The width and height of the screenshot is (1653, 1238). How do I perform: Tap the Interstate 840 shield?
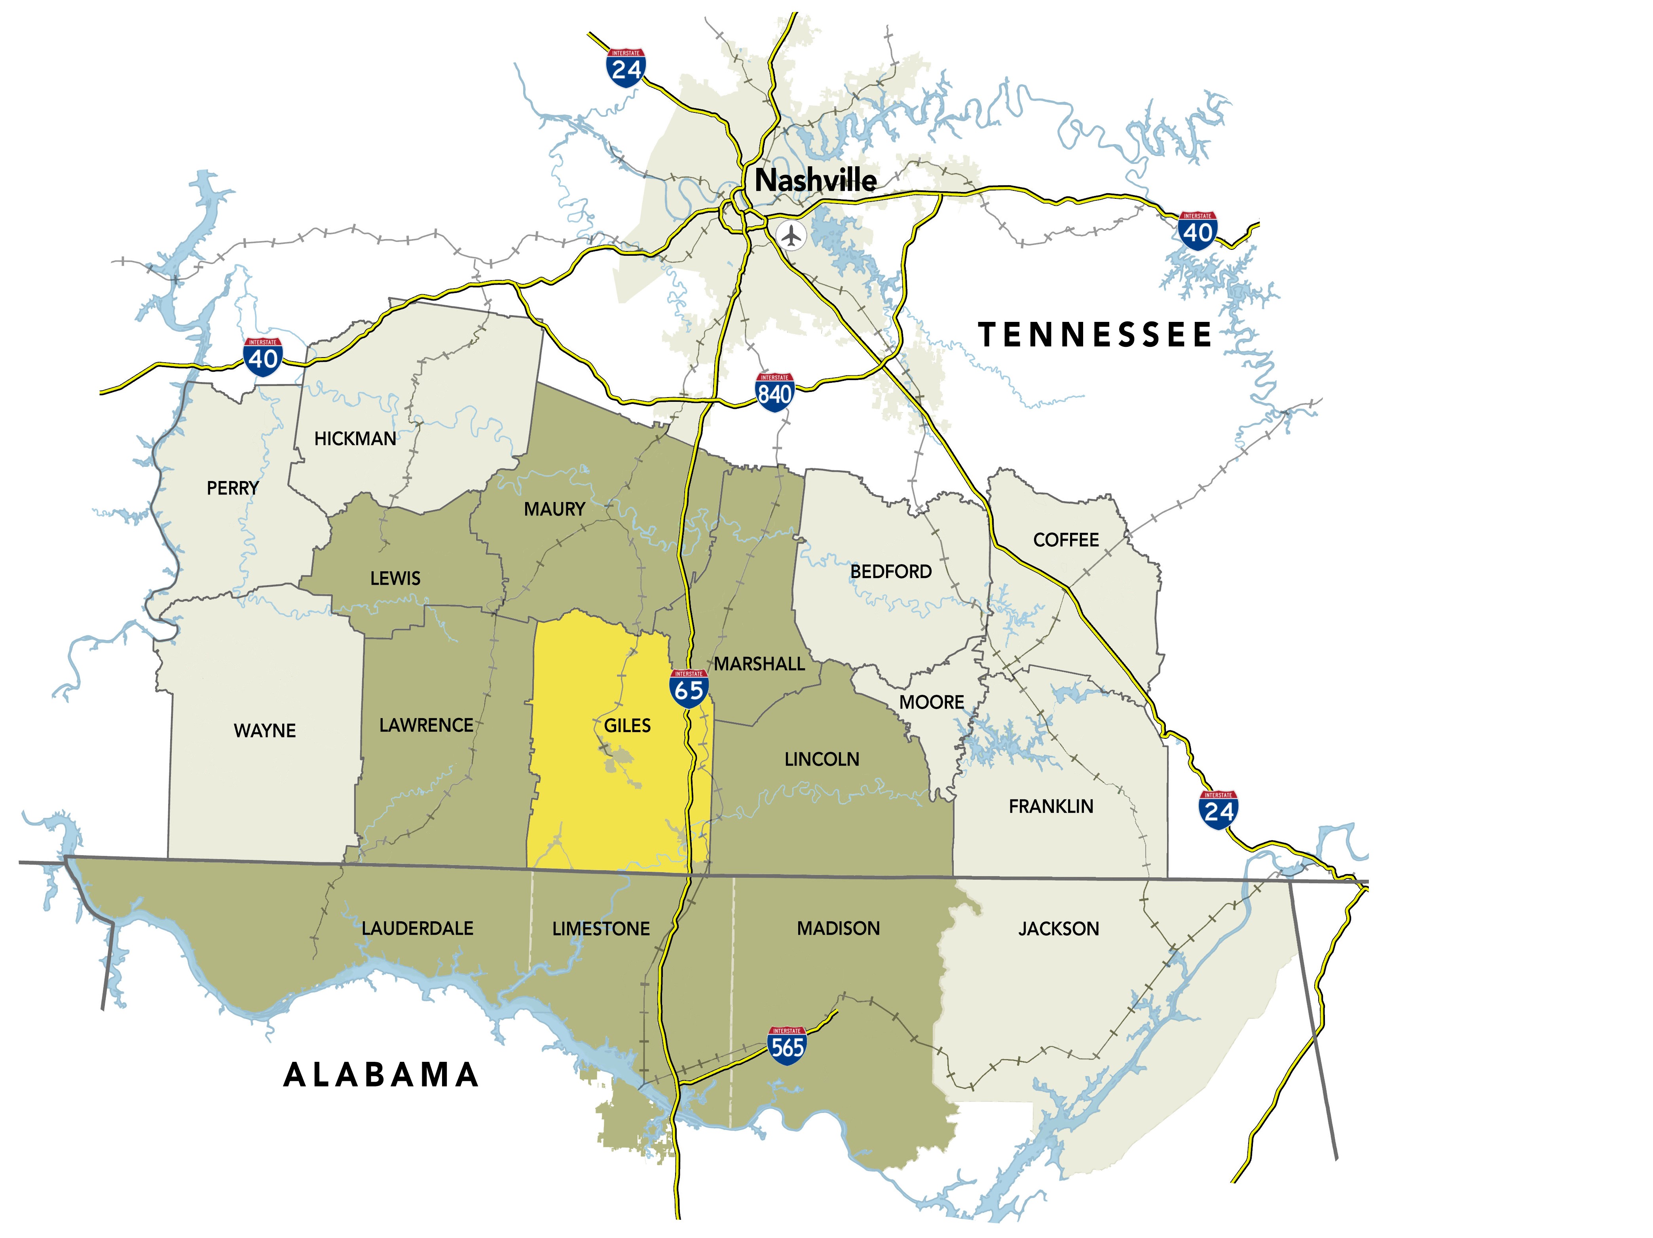tap(774, 390)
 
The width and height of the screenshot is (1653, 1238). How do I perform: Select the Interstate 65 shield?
tap(688, 688)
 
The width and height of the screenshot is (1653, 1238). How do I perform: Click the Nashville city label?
tap(815, 180)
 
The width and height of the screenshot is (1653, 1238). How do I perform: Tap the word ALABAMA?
tap(381, 1075)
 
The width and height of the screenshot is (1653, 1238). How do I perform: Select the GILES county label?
tap(627, 725)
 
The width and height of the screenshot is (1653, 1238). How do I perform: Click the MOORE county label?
tap(931, 702)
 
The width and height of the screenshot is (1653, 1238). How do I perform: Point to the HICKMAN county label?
tap(355, 439)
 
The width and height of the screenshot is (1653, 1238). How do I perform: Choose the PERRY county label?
tap(232, 488)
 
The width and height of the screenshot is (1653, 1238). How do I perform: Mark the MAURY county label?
tap(554, 509)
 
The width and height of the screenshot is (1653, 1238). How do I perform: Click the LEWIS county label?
tap(395, 578)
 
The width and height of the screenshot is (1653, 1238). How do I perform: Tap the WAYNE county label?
tap(264, 730)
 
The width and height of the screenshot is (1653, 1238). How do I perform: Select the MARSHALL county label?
tap(759, 664)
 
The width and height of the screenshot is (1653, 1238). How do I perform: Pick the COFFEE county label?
tap(1066, 540)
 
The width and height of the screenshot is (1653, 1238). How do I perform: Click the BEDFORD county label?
tap(891, 572)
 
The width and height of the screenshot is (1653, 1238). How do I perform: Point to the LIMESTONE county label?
tap(601, 928)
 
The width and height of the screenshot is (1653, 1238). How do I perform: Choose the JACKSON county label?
tap(1058, 928)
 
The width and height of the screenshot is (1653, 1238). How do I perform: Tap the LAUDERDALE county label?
tap(417, 928)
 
